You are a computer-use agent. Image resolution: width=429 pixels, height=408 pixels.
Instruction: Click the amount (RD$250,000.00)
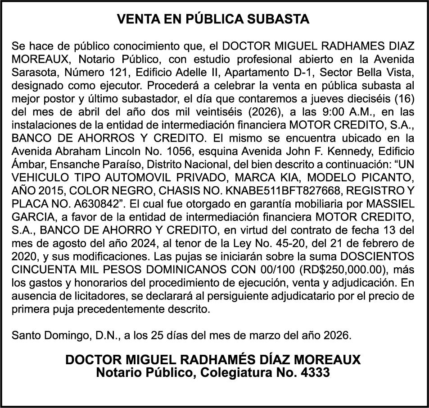click(x=342, y=272)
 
